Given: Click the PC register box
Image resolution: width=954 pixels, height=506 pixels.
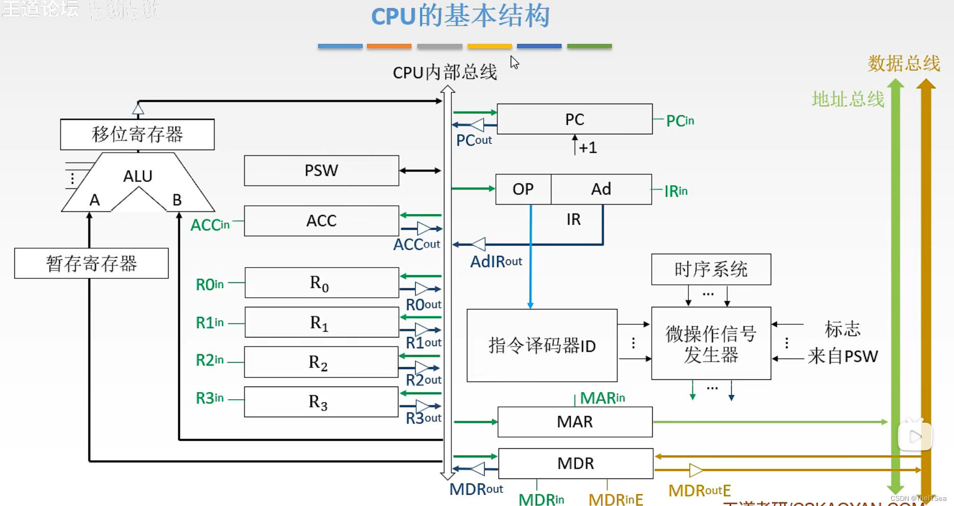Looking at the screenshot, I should click(x=575, y=119).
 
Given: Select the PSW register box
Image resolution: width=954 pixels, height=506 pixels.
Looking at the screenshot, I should click(x=321, y=171).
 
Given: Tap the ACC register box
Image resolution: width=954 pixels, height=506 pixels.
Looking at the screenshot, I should click(x=321, y=221).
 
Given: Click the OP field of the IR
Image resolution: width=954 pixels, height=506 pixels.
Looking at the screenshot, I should click(x=523, y=189).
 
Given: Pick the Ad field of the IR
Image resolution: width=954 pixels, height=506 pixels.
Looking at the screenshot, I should click(x=601, y=189).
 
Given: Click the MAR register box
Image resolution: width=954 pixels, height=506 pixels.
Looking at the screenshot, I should click(x=575, y=422).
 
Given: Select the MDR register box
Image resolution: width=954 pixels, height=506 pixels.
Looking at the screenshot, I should click(x=576, y=463).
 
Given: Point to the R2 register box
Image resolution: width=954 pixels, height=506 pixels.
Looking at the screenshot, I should click(x=321, y=362).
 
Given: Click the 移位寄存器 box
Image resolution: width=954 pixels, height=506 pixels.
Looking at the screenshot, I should click(x=137, y=134).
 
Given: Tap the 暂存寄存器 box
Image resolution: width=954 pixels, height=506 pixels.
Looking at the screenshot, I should click(x=91, y=263).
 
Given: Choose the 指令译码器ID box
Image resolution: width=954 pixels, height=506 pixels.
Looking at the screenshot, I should click(x=542, y=346).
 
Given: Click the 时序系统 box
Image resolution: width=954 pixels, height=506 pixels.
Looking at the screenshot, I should click(x=711, y=269).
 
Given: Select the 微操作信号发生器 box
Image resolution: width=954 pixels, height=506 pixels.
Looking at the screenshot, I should click(x=711, y=344).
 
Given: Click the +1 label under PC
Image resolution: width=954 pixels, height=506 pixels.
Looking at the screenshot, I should click(x=588, y=148).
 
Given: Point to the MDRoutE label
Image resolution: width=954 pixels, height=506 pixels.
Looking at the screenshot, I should click(x=699, y=491).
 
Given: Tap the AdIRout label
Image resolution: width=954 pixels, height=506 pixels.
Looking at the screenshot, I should click(x=496, y=262).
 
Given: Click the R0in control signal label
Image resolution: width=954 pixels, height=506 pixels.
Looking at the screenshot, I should click(x=210, y=284).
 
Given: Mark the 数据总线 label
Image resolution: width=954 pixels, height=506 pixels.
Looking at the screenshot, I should click(x=903, y=63).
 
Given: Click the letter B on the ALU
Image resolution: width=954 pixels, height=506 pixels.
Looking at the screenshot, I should click(x=177, y=200).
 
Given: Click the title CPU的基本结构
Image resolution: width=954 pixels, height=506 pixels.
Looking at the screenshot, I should click(x=460, y=16).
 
